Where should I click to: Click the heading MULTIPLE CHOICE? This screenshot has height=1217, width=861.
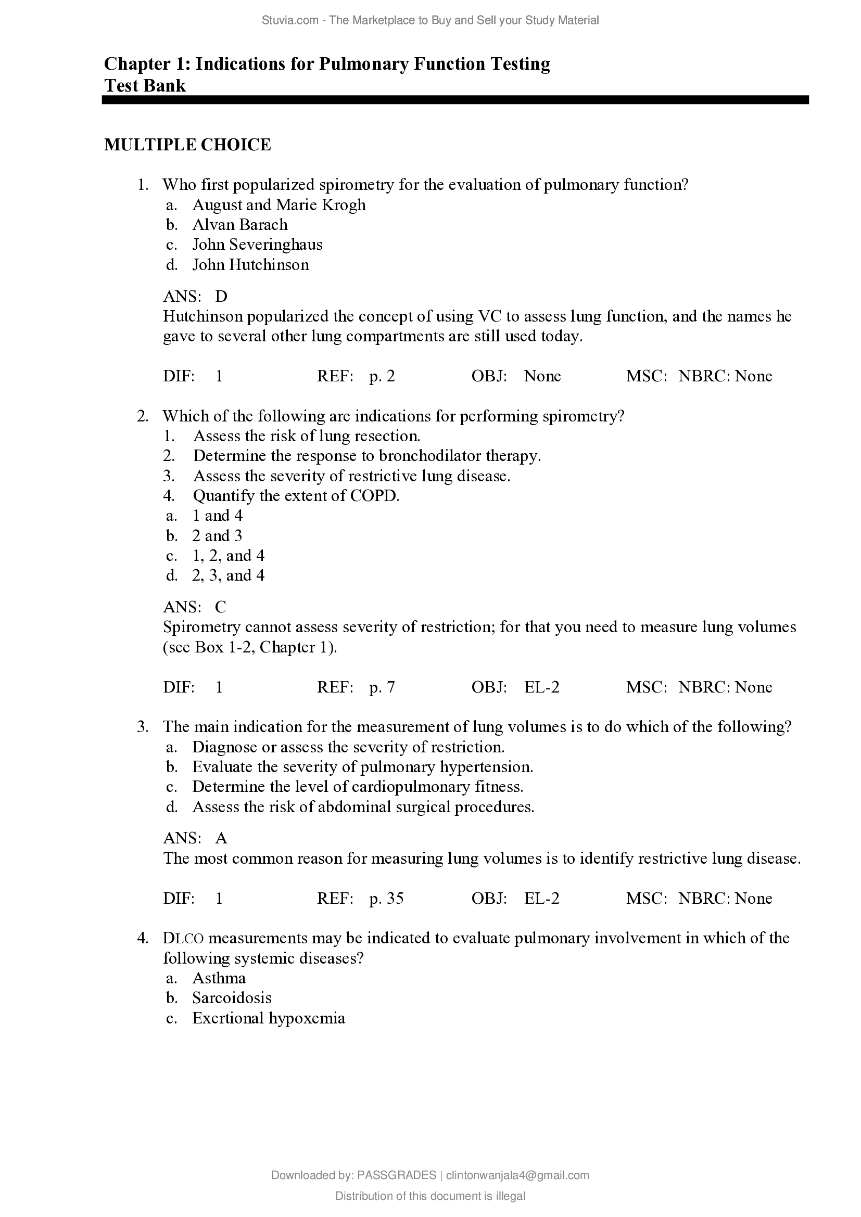pos(187,145)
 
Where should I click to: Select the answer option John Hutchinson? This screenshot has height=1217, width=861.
pos(250,264)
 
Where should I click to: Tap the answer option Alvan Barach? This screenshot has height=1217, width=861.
pos(239,225)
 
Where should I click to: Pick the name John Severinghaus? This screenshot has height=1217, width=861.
pos(257,245)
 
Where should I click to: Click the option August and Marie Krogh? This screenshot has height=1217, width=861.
pos(279,204)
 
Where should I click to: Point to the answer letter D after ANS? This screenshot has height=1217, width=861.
pos(221,296)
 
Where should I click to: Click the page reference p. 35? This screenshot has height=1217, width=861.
pos(386,898)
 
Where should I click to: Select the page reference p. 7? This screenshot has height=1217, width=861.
pos(382,687)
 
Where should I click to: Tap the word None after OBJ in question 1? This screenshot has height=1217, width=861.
pos(542,376)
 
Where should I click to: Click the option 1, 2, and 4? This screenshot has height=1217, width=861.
pos(228,556)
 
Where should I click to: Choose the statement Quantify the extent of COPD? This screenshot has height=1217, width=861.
pos(296,496)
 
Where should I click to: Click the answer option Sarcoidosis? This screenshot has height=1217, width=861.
pos(232,998)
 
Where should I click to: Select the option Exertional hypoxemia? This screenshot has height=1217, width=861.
pos(269,1018)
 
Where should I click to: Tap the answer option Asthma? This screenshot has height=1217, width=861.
pos(219,978)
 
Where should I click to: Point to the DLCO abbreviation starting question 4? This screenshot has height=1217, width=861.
pos(183,938)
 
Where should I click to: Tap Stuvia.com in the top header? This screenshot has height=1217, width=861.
pos(290,20)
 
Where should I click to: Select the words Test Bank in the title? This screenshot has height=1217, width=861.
pos(145,85)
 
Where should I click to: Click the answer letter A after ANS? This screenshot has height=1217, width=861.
pos(221,838)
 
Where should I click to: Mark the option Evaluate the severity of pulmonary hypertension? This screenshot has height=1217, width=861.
pos(363,767)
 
